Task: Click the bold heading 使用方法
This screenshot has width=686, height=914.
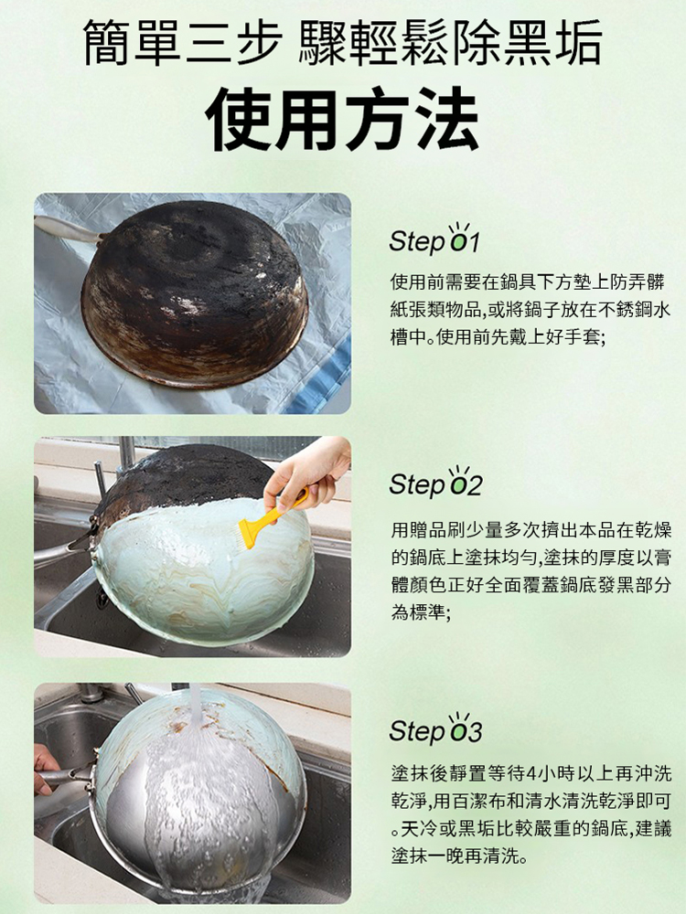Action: click(x=343, y=118)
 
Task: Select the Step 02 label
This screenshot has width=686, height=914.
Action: click(x=434, y=485)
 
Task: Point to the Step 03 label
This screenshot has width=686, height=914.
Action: click(x=434, y=731)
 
